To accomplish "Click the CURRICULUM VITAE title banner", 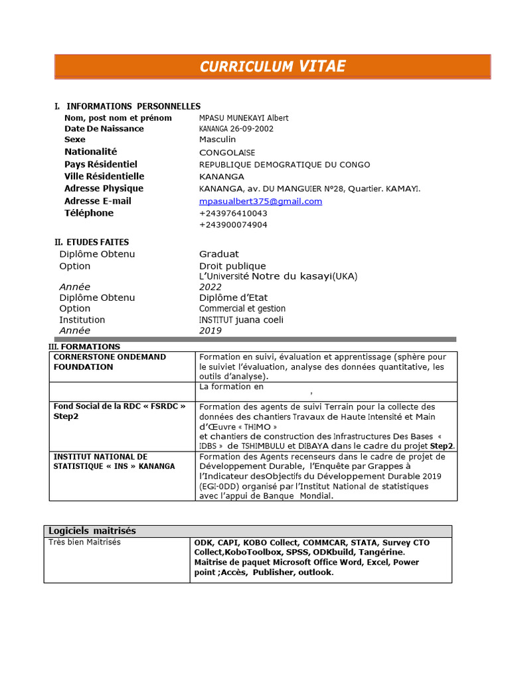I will point(272,66).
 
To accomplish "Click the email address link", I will point(260,201).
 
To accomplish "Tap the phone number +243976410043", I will point(233,213).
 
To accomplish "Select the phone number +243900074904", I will point(233,225).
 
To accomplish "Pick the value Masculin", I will point(217,139).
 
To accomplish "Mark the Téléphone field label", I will point(89,213).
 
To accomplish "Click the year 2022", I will point(211,287).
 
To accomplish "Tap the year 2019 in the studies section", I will point(211,331).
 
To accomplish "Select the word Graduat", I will point(219,254).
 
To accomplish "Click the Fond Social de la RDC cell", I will point(120,411).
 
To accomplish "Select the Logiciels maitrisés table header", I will point(92,531).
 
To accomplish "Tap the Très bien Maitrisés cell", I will point(84,543).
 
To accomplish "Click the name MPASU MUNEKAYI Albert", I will point(244,118).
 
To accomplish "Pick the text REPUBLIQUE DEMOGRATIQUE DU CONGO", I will point(285,165).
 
